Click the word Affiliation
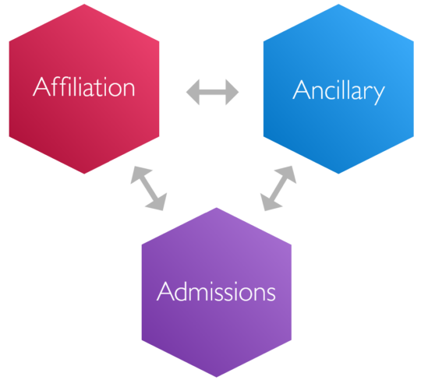pyautogui.click(x=84, y=86)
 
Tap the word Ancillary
pyautogui.click(x=338, y=91)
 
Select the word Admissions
pyautogui.click(x=216, y=292)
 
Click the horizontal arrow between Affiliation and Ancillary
pyautogui.click(x=213, y=93)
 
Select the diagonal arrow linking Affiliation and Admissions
pyautogui.click(x=148, y=188)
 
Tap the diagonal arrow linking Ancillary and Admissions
pyautogui.click(x=278, y=188)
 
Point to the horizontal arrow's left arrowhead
pyautogui.click(x=193, y=93)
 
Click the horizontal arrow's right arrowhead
pyautogui.click(x=233, y=93)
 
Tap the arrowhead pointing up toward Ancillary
pyautogui.click(x=289, y=172)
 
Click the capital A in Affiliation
pyautogui.click(x=41, y=86)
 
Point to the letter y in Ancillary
pyautogui.click(x=378, y=93)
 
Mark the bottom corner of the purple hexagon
pyautogui.click(x=216, y=378)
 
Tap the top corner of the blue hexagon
pyautogui.click(x=338, y=3)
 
